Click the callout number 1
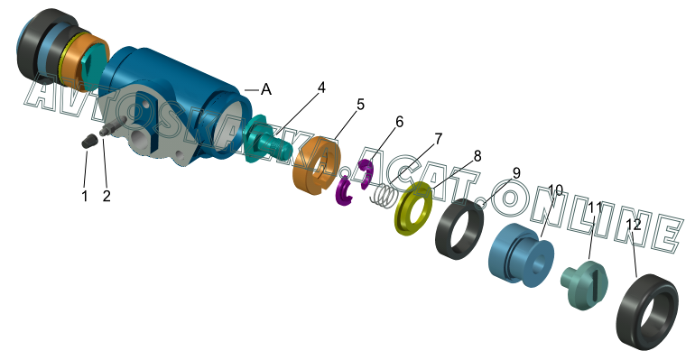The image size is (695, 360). coord(85,195)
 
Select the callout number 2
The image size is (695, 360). coord(107,195)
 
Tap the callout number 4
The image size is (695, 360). coord(321,88)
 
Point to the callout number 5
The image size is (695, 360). coord(360,105)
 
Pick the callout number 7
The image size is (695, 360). coord(438,139)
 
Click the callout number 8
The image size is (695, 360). coord(477,156)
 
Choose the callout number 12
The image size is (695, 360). coord(634,225)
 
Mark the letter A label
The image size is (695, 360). coord(266,89)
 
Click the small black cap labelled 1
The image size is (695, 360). coord(88,142)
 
